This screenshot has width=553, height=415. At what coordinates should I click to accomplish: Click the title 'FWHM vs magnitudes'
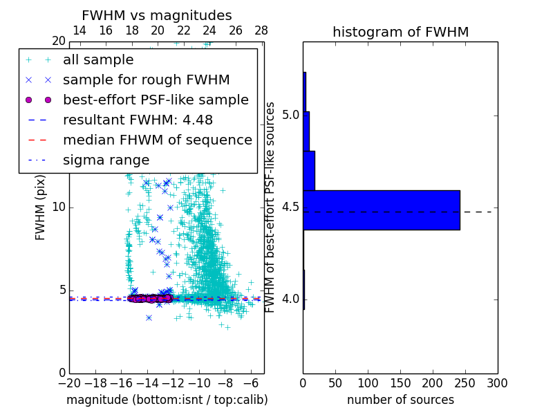(157, 15)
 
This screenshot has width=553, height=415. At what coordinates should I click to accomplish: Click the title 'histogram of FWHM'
(400, 32)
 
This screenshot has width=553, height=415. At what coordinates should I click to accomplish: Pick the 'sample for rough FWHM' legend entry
(146, 80)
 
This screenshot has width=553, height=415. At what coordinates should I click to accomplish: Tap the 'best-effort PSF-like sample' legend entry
(156, 100)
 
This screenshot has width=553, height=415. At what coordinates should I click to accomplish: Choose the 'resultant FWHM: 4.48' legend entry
(138, 120)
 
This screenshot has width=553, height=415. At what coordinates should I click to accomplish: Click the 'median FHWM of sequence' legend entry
(157, 140)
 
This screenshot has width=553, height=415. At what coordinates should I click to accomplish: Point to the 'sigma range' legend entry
(106, 160)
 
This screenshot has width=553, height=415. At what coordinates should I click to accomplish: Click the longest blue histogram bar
(382, 210)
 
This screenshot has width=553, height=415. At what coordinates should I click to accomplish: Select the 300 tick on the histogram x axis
(497, 382)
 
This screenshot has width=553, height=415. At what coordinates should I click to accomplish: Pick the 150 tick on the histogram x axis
(400, 382)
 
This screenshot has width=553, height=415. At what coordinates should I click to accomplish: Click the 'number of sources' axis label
(400, 400)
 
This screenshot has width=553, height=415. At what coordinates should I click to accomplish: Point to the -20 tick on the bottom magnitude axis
(69, 382)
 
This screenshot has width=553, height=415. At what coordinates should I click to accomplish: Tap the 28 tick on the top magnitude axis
(261, 30)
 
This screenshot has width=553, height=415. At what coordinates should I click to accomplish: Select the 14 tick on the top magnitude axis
(79, 30)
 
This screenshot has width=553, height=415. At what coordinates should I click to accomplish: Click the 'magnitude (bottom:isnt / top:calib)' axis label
(167, 400)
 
